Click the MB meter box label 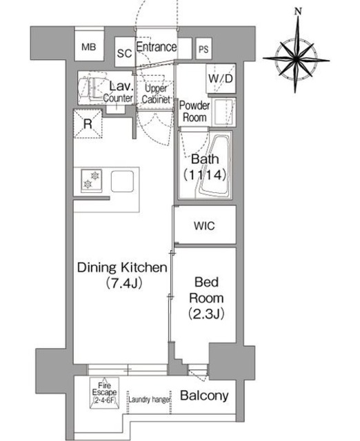[x=89, y=47]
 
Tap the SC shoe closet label [x=124, y=53]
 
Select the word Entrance [x=157, y=47]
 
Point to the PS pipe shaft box [x=203, y=49]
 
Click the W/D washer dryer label [x=221, y=79]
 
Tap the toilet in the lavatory [x=89, y=88]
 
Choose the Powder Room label [x=194, y=112]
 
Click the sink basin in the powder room [x=223, y=112]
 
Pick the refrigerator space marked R [x=88, y=124]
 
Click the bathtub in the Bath [x=215, y=167]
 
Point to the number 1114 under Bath [x=205, y=175]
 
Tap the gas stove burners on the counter [x=92, y=180]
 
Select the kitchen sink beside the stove [x=122, y=181]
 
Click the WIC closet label [x=204, y=225]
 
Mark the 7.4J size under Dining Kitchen [x=123, y=283]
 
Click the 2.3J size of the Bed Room [x=206, y=314]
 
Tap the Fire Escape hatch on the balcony [x=104, y=393]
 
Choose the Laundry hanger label [x=150, y=400]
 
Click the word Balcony [x=204, y=396]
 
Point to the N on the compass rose [x=298, y=11]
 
